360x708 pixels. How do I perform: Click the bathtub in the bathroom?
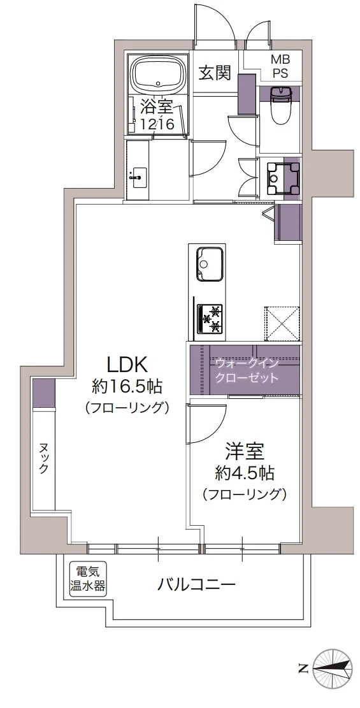[158, 74]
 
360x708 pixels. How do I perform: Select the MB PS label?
[280, 66]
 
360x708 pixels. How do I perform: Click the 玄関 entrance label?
[213, 73]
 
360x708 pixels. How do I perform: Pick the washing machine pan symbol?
[283, 177]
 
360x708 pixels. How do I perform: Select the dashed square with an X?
[282, 322]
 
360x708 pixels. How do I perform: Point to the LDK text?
[127, 365]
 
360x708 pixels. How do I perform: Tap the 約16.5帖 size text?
[127, 386]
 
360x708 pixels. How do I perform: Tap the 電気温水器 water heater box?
[88, 579]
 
